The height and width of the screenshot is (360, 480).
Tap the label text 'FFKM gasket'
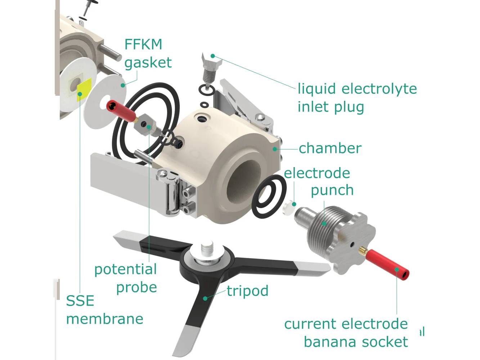(148, 53)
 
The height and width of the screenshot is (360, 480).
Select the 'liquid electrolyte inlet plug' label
(356, 98)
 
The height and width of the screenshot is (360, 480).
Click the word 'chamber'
(330, 148)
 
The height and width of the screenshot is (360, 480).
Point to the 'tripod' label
(247, 291)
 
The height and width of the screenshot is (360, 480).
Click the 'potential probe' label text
(126, 278)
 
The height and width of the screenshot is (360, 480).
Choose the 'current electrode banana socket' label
(346, 333)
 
